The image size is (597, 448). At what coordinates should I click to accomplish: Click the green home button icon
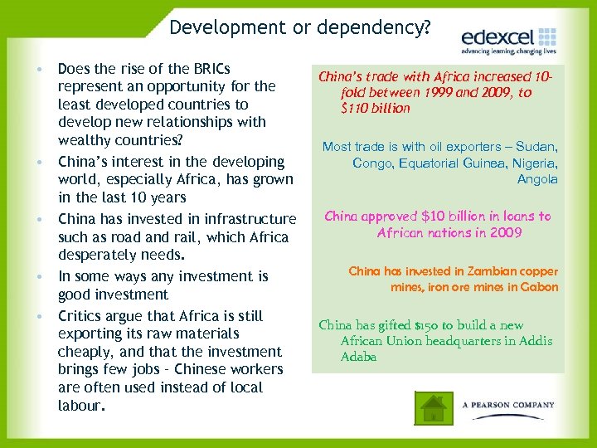432,409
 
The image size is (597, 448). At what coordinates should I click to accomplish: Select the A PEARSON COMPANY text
508,405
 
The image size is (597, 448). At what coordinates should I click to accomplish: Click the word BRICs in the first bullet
209,68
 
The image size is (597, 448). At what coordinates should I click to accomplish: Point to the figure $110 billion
376,108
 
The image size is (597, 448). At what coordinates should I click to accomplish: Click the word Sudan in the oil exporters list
537,147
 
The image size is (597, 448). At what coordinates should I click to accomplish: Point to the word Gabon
541,287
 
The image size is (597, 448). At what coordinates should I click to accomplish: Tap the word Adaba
358,357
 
